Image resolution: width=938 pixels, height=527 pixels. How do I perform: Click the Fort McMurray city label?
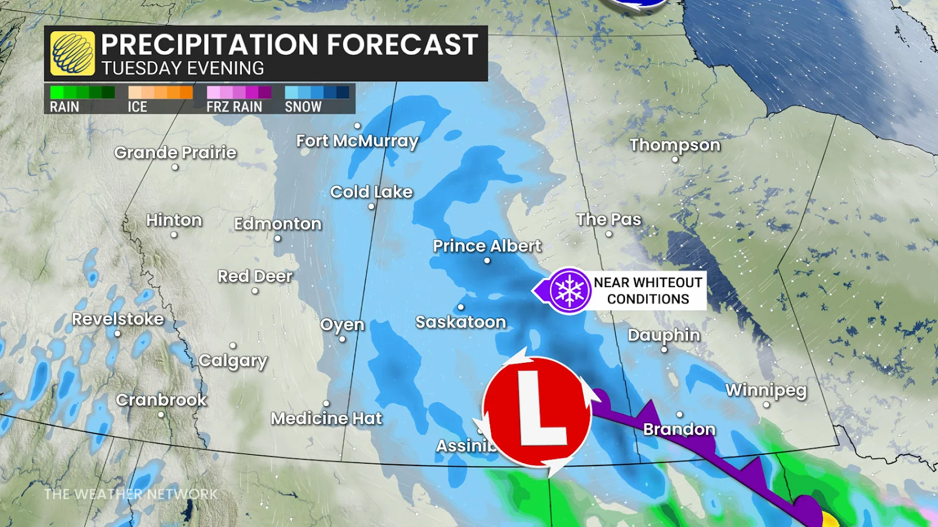(x=357, y=141)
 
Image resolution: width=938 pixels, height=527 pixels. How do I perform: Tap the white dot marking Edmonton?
(x=277, y=239)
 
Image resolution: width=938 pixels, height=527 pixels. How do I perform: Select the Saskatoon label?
(x=460, y=322)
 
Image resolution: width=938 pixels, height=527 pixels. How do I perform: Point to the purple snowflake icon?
(x=569, y=291)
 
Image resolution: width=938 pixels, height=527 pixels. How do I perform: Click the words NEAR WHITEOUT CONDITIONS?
(x=648, y=291)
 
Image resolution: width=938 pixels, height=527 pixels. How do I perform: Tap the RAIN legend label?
(x=64, y=107)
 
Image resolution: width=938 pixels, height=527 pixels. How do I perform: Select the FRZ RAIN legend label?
(x=234, y=107)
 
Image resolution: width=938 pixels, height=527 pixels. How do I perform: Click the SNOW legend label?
(x=303, y=107)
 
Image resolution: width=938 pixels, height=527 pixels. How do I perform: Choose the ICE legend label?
(x=137, y=107)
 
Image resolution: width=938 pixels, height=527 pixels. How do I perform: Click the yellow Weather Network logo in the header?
(x=72, y=53)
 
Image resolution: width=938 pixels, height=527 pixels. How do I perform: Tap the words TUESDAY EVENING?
(x=182, y=69)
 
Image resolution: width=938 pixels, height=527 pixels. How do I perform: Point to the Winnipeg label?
(x=766, y=390)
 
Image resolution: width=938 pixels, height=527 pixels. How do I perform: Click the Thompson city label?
(x=675, y=145)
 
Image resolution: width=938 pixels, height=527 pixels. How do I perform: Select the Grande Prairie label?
(x=175, y=152)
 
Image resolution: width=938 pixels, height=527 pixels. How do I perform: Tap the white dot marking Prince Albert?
(x=487, y=260)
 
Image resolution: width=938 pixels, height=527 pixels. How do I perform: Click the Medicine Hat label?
(x=326, y=418)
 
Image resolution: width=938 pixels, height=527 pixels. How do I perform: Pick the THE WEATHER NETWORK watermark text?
(x=131, y=494)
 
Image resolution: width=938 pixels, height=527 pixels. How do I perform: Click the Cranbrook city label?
(x=161, y=400)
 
